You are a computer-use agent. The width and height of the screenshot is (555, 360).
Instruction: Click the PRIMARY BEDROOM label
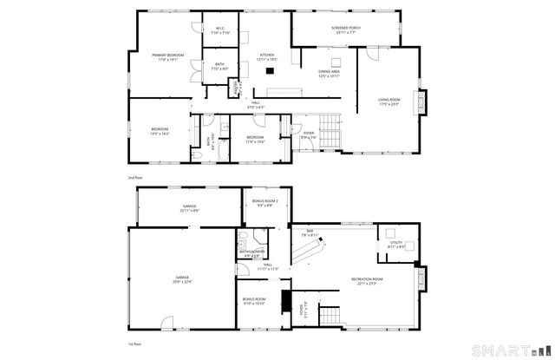tap(168, 57)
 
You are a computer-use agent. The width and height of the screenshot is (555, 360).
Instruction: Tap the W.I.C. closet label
tap(221, 31)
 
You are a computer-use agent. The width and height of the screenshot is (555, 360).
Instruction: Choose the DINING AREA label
tap(329, 74)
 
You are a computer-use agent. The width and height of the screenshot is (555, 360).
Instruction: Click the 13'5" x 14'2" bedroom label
tap(160, 131)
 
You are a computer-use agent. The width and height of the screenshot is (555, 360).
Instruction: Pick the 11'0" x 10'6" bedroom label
tap(254, 139)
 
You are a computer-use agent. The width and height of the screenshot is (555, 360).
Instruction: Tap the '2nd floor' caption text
tap(134, 177)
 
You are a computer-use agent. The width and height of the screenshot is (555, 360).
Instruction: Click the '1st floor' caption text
tap(134, 344)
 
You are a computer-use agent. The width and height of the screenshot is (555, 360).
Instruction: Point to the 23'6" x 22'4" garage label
tap(181, 278)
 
